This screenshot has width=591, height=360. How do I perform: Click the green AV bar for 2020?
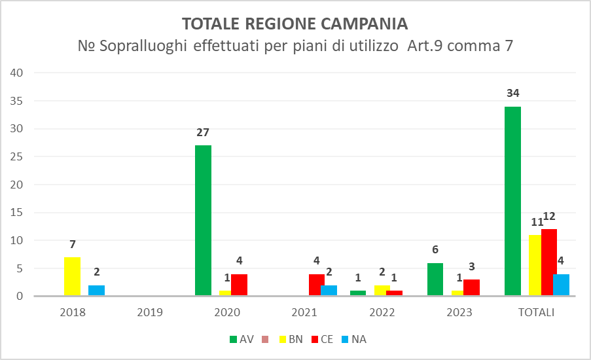tap(203, 221)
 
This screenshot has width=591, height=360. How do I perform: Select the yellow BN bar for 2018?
tap(72, 277)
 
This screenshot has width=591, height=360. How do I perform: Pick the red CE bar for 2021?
tap(317, 285)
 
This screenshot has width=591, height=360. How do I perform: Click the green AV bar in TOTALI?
tap(512, 201)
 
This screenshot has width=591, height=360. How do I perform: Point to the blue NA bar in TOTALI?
tap(561, 285)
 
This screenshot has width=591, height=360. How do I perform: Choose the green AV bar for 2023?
tap(435, 279)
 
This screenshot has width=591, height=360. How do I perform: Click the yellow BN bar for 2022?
tap(382, 291)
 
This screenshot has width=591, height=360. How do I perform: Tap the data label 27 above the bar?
tap(203, 132)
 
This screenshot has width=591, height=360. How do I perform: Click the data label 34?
tap(512, 93)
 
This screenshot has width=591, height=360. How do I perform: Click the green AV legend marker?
tap(234, 339)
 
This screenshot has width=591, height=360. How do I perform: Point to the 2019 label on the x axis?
tap(150, 312)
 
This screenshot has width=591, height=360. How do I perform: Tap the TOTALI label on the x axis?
tap(537, 312)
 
